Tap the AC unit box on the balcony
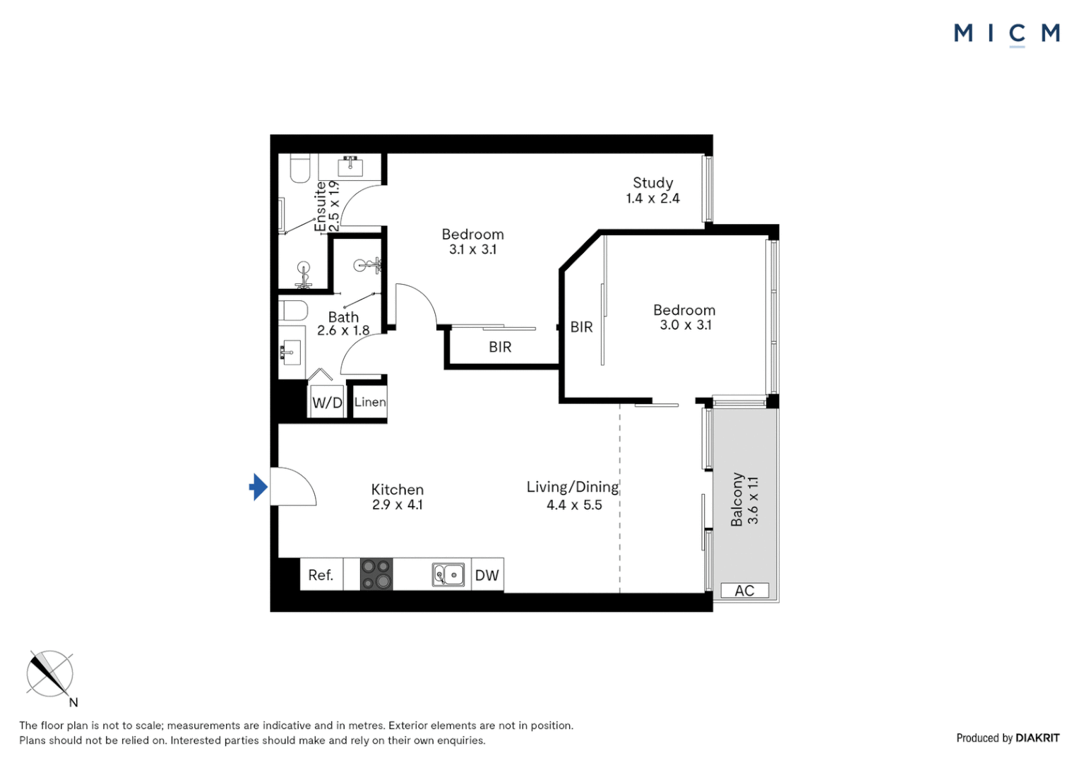(x=744, y=591)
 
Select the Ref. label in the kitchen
(x=321, y=575)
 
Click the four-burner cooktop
(x=376, y=574)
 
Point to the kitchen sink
(x=448, y=575)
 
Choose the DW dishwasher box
(x=487, y=575)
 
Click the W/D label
(x=327, y=403)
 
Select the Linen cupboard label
(x=370, y=402)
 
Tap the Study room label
(x=652, y=183)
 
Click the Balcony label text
(x=737, y=499)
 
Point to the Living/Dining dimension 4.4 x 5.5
(x=574, y=505)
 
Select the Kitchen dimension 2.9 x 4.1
(x=397, y=505)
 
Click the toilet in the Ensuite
(x=300, y=170)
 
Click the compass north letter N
(x=73, y=702)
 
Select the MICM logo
(x=1006, y=33)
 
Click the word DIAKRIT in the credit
(x=1037, y=738)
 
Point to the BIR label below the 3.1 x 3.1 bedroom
(x=500, y=347)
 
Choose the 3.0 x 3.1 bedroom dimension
(x=685, y=325)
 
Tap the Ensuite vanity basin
(x=350, y=167)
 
